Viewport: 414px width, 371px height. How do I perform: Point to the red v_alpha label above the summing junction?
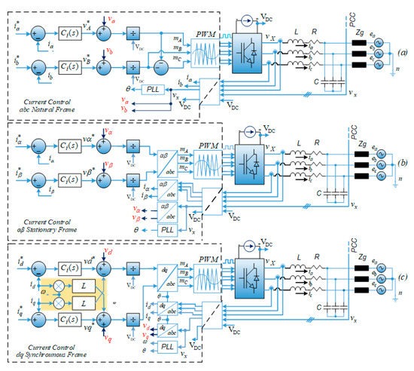(111, 133)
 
